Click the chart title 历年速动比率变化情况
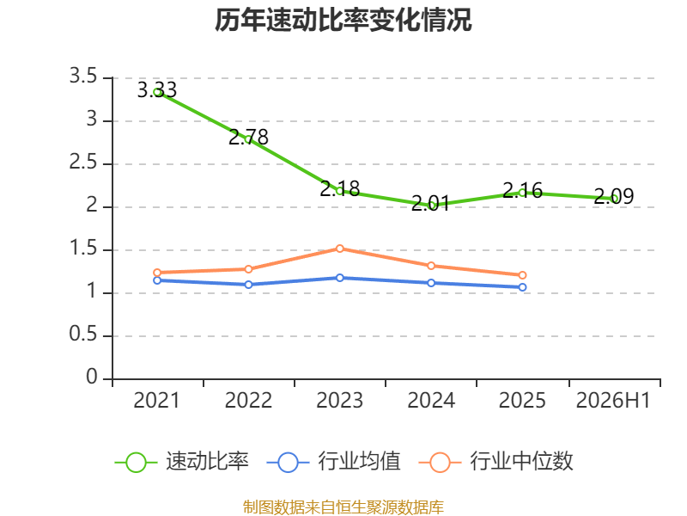tap(343, 20)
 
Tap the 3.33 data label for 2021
tap(157, 90)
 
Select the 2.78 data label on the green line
tap(248, 138)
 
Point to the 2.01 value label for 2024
tap(431, 204)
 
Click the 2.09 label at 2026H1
tap(614, 196)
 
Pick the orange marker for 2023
tap(339, 249)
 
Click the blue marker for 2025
tap(522, 287)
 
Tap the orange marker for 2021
tap(157, 273)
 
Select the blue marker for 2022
tap(248, 285)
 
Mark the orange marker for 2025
tap(522, 275)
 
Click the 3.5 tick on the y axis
tap(83, 76)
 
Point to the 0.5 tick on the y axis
tap(83, 335)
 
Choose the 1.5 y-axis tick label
tap(83, 249)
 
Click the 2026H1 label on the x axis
tap(613, 400)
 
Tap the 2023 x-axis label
tap(339, 400)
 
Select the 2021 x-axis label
tap(157, 400)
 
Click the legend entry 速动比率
tap(182, 462)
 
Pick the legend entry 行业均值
tap(334, 462)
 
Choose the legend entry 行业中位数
tap(496, 462)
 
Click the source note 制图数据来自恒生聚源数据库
tap(343, 507)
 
